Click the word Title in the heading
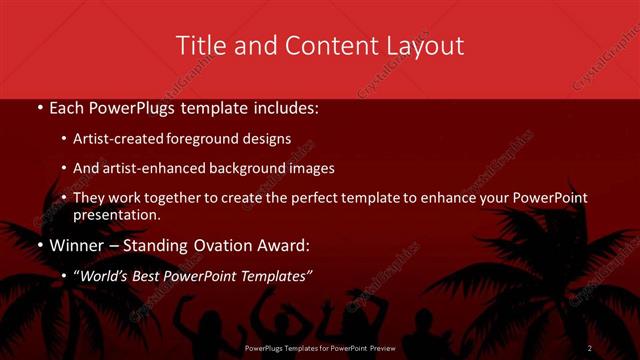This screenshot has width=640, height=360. tap(198, 46)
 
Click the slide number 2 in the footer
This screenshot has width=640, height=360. tap(590, 348)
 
